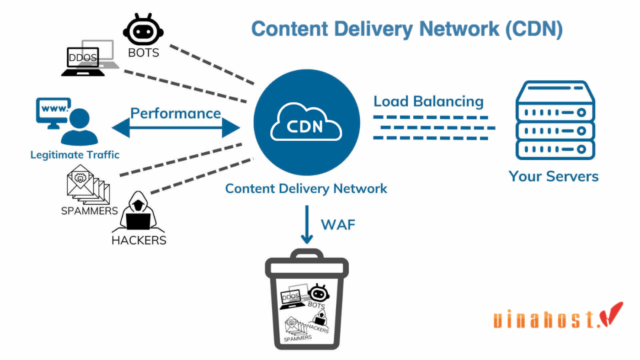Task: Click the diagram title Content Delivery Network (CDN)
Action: pyautogui.click(x=407, y=28)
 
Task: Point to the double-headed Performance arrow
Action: pyautogui.click(x=176, y=128)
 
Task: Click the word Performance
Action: pyautogui.click(x=176, y=113)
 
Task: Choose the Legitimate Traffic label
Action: pyautogui.click(x=75, y=155)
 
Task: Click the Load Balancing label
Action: pyautogui.click(x=428, y=101)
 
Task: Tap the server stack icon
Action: pyautogui.click(x=555, y=121)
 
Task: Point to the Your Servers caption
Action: pyautogui.click(x=554, y=176)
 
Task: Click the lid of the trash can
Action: pyautogui.click(x=307, y=264)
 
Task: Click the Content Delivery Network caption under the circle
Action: pyautogui.click(x=306, y=188)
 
